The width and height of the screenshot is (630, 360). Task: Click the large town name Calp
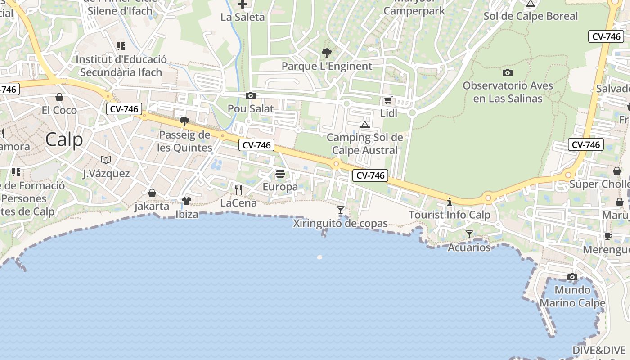click(x=64, y=139)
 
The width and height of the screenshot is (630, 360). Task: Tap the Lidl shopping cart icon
click(x=388, y=100)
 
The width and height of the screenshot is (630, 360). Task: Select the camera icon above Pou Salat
click(x=251, y=95)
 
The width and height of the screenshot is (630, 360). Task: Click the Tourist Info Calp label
click(x=449, y=215)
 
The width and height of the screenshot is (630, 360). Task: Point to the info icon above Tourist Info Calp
click(x=449, y=202)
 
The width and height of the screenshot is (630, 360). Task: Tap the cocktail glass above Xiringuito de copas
click(x=341, y=210)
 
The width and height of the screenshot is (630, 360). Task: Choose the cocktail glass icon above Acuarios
click(x=469, y=234)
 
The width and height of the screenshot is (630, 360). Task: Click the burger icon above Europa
click(x=280, y=174)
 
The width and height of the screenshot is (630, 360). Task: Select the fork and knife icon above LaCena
click(x=238, y=190)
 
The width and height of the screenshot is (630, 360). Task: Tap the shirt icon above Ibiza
click(x=187, y=201)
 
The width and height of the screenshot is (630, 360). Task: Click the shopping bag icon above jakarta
click(x=152, y=193)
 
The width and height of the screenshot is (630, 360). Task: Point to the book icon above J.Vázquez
click(x=106, y=160)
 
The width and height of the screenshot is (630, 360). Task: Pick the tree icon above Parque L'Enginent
click(x=327, y=53)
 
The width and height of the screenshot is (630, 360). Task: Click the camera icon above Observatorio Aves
click(x=508, y=72)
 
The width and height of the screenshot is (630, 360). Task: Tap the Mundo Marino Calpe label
click(x=572, y=296)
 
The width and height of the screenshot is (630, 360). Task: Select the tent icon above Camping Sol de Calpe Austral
click(x=365, y=125)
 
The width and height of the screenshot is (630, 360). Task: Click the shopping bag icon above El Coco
click(x=59, y=97)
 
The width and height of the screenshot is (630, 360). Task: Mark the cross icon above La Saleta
click(x=243, y=4)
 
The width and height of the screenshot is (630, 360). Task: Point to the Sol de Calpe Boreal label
click(x=531, y=16)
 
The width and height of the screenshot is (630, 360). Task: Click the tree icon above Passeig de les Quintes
click(x=184, y=121)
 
